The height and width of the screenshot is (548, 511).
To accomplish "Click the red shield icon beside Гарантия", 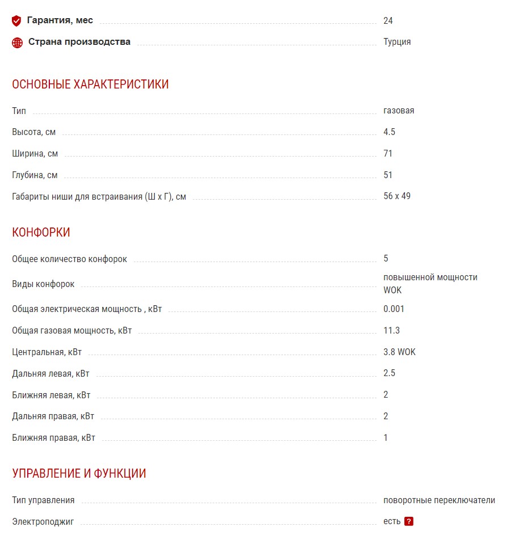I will [x=16, y=21].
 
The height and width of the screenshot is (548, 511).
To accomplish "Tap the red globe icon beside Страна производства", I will [x=18, y=43].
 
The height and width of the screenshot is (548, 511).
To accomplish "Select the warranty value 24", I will [x=388, y=21].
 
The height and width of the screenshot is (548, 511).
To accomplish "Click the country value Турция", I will [x=397, y=42].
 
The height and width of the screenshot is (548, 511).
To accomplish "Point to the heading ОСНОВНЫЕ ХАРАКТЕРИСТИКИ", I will [x=90, y=85].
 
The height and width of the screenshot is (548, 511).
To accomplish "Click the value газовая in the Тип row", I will [x=399, y=111].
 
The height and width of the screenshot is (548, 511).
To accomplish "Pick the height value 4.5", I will [x=389, y=132].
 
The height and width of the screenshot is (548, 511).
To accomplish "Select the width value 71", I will [x=388, y=154].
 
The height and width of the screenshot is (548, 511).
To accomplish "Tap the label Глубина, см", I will [x=35, y=175].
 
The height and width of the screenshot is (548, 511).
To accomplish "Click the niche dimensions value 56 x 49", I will [x=397, y=196].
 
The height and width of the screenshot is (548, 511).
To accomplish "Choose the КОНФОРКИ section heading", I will [x=41, y=233].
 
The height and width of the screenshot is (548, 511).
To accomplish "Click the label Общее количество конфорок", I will [x=69, y=259].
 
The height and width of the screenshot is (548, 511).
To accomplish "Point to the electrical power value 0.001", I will [x=394, y=309].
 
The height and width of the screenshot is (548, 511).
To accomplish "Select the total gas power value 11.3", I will [x=391, y=331].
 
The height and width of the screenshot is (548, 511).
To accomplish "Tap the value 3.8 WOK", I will [x=399, y=352].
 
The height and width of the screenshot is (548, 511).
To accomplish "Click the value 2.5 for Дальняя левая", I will [x=389, y=373].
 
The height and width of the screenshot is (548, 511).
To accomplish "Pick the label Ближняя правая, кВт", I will [x=54, y=438].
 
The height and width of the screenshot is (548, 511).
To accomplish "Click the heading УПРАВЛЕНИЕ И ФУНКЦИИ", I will [x=79, y=474].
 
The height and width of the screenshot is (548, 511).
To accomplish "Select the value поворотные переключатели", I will [x=439, y=500].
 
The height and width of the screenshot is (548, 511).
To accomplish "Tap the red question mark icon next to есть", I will [x=408, y=522].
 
